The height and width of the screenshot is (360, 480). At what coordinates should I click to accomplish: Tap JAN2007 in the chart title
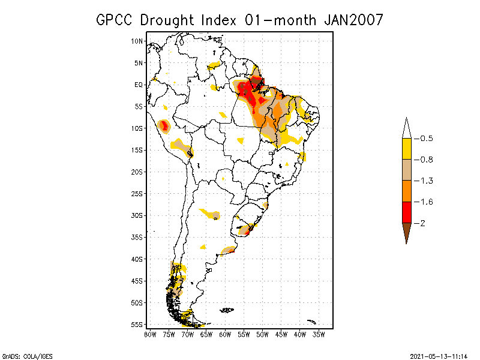tap(353, 20)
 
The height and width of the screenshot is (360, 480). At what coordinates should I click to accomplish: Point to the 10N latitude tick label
tap(137, 41)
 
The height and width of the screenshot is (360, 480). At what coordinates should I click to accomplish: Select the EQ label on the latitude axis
tap(139, 85)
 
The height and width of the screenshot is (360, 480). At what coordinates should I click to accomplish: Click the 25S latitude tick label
tap(137, 193)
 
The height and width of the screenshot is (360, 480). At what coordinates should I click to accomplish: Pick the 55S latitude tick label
tap(137, 324)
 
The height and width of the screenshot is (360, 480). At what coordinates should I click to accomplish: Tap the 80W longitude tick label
tap(149, 334)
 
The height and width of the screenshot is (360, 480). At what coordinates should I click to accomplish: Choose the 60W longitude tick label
tap(224, 334)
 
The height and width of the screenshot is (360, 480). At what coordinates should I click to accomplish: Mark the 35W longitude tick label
tap(318, 334)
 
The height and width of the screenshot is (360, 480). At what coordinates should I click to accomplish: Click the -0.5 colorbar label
tap(427, 139)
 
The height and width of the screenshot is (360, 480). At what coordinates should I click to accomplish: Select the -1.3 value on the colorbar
tap(427, 181)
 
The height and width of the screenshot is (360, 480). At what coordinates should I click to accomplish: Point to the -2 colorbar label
tap(423, 223)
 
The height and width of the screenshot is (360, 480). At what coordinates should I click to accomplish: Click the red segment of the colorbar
tap(407, 212)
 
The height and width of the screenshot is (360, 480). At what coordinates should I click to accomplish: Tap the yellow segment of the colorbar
tap(407, 149)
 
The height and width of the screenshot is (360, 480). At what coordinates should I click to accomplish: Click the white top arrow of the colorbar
tap(407, 128)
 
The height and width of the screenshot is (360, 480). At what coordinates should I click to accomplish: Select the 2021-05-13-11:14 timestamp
tap(439, 355)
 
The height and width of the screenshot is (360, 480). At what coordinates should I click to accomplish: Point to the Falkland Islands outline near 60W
tap(227, 310)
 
